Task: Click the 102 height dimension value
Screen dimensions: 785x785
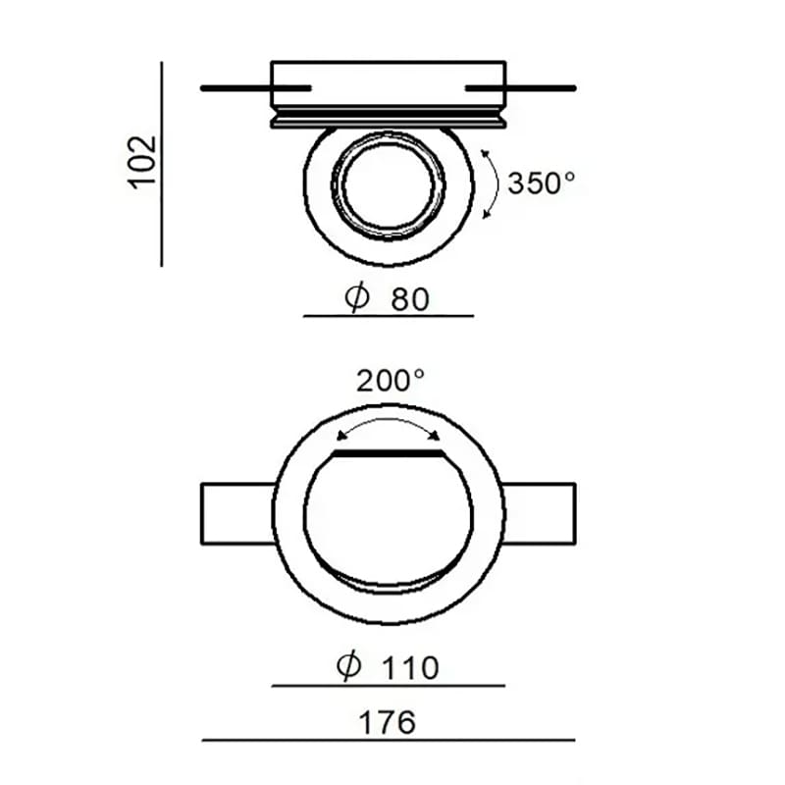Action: tap(142, 162)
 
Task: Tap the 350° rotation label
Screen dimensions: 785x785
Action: tap(542, 183)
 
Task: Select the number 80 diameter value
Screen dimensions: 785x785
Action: tap(410, 299)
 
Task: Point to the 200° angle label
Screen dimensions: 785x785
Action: tap(391, 381)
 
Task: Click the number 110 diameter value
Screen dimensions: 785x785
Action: tap(410, 668)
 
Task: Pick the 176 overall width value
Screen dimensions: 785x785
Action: tap(387, 722)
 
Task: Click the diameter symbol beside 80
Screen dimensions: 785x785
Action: tap(357, 298)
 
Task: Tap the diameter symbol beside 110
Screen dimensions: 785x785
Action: tap(348, 666)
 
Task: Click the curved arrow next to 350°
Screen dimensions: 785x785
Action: tap(497, 184)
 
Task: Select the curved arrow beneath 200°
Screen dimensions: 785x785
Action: tap(389, 420)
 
